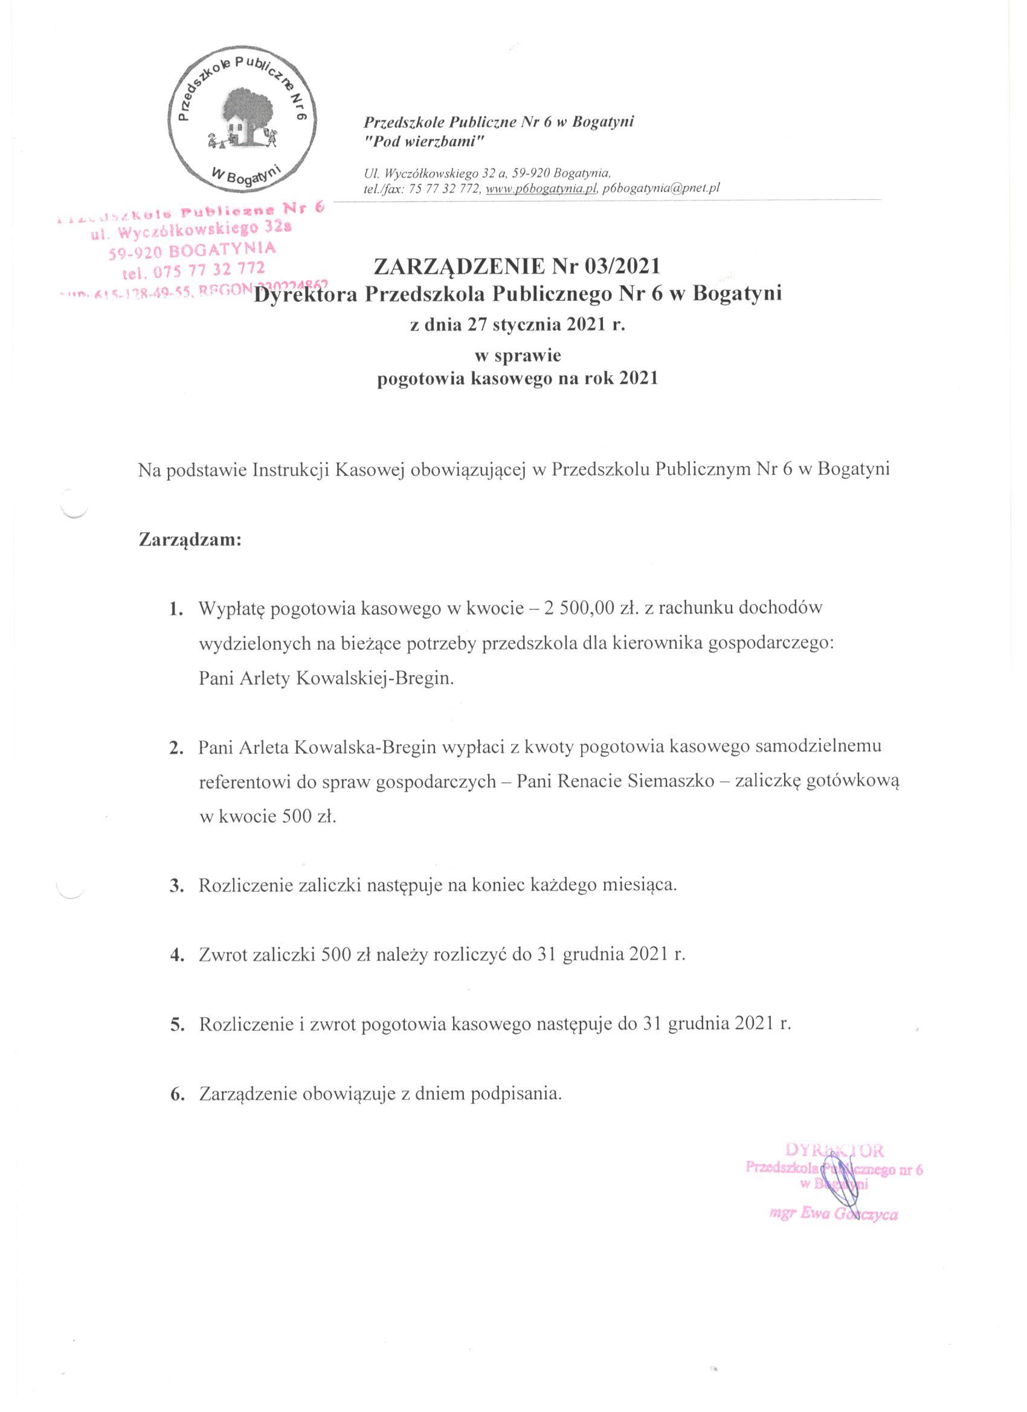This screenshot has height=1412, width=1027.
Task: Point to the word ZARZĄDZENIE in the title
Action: [459, 266]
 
